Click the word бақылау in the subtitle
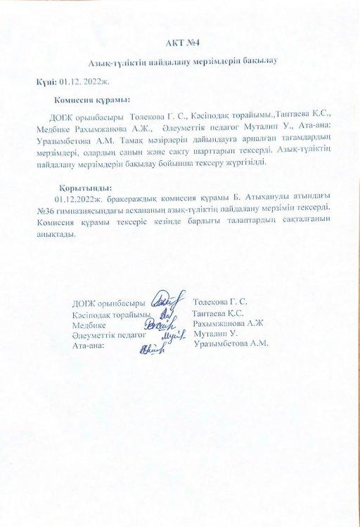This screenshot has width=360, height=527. [x=257, y=61]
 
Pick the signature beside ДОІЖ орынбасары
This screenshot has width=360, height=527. [x=160, y=301]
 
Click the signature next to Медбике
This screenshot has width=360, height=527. [x=160, y=325]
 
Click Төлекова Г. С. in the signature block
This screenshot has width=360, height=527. [x=229, y=302]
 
